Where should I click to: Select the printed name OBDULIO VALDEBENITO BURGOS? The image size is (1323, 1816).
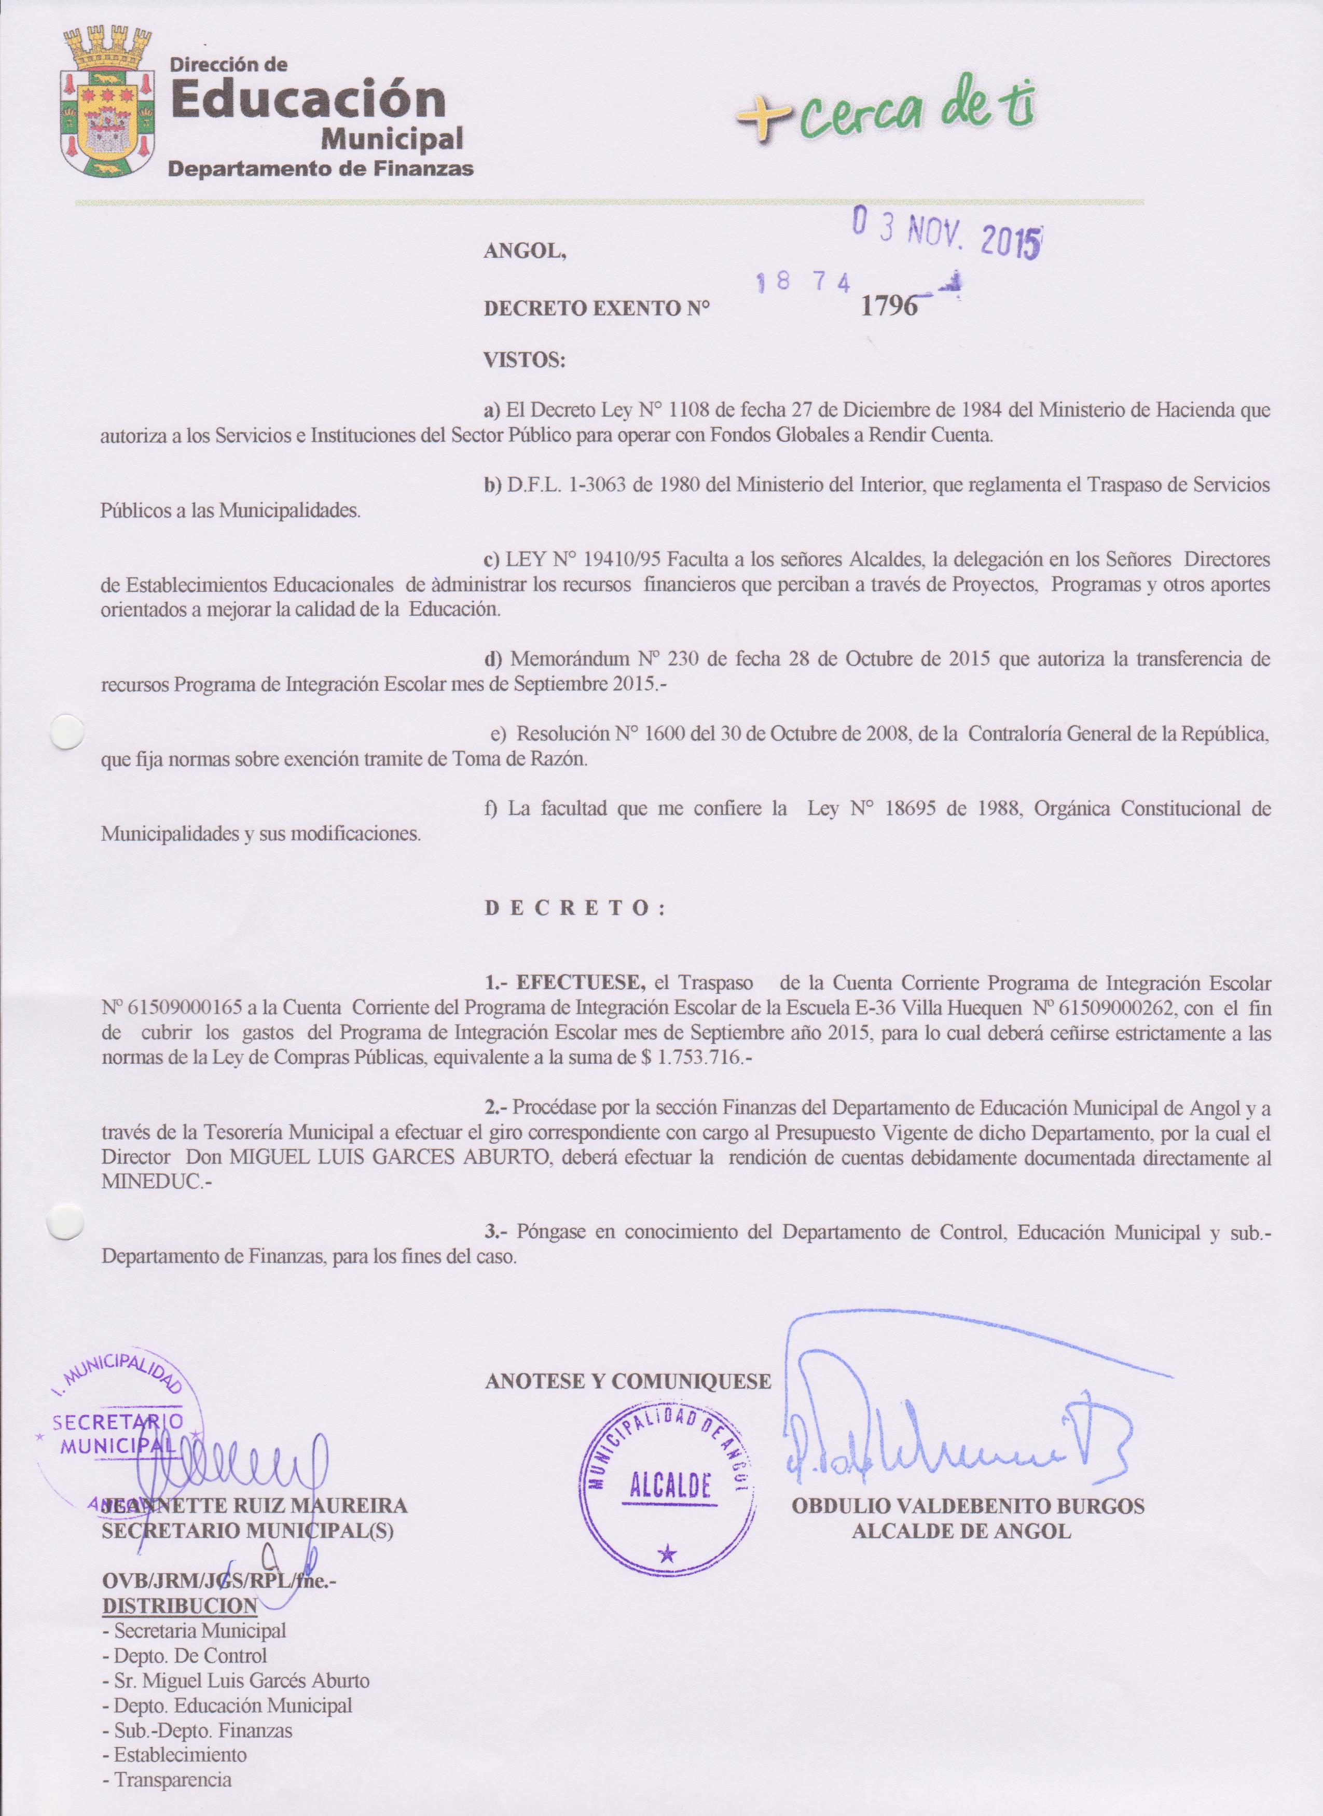968,1505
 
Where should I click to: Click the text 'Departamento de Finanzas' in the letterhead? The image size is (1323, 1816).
320,168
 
